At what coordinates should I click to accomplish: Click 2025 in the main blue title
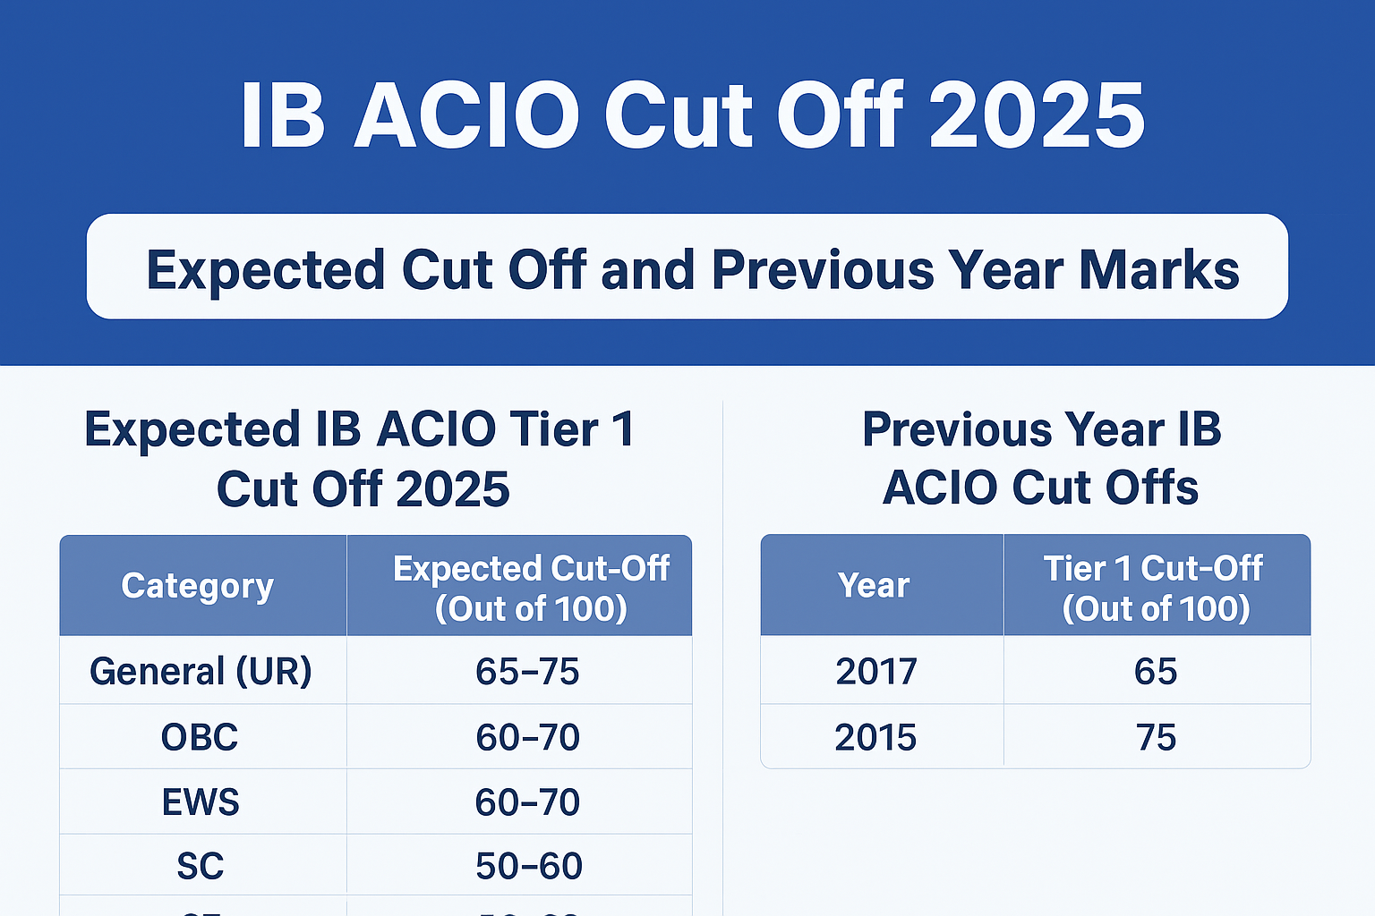[1037, 116]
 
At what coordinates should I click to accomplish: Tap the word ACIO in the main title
[466, 116]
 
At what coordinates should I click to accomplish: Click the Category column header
[198, 586]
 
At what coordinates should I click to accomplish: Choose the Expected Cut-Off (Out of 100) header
[531, 588]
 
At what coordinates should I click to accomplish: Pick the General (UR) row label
[201, 671]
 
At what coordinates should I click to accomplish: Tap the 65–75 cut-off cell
[527, 671]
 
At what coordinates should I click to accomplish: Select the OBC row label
[200, 737]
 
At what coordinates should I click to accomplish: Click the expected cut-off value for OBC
[527, 737]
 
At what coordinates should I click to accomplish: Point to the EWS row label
[201, 802]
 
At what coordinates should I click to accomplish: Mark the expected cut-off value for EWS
[527, 802]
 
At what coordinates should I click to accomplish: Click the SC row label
[200, 866]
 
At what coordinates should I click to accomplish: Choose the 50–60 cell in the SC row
[528, 866]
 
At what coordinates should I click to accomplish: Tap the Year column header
[874, 586]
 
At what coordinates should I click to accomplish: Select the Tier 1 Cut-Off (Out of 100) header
[1155, 588]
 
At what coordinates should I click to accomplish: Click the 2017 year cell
[876, 671]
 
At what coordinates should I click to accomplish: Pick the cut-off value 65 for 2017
[1155, 671]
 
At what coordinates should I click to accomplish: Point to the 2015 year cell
[875, 737]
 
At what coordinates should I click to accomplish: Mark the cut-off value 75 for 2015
[1155, 737]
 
